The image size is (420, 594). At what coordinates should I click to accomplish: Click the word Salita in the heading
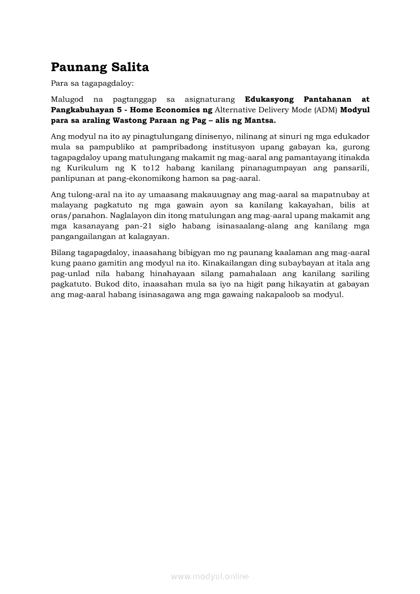click(127, 68)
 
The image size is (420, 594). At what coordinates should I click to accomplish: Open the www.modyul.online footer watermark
click(210, 577)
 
